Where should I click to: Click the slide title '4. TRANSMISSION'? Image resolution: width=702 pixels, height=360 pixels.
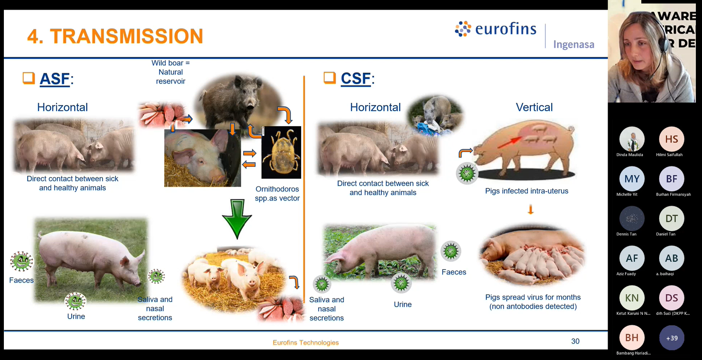click(115, 36)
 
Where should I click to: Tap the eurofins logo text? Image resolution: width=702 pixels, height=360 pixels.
click(505, 29)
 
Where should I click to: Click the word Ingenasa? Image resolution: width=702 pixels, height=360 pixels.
click(573, 44)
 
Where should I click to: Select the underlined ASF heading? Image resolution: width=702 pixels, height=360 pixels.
click(55, 79)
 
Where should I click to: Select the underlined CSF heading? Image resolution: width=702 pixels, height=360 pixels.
click(356, 78)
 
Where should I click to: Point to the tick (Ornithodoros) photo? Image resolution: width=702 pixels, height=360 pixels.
click(281, 152)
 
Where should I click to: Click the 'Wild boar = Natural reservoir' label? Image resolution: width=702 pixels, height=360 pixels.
click(170, 72)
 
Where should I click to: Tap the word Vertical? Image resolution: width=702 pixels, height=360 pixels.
click(534, 107)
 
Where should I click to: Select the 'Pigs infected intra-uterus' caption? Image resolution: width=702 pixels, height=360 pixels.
click(526, 191)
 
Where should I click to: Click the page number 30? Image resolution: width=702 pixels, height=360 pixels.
click(575, 341)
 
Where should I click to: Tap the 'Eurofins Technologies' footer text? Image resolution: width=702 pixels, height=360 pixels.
click(305, 342)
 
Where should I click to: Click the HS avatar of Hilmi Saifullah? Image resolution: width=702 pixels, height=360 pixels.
click(671, 139)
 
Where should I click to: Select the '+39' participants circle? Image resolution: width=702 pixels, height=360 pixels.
click(671, 338)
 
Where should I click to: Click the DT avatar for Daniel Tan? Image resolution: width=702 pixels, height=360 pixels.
click(671, 218)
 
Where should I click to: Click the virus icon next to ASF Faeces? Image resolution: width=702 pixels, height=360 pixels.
click(22, 261)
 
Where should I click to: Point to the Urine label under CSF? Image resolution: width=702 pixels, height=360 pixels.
click(402, 304)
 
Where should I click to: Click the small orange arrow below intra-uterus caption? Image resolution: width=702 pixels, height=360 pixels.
click(531, 210)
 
